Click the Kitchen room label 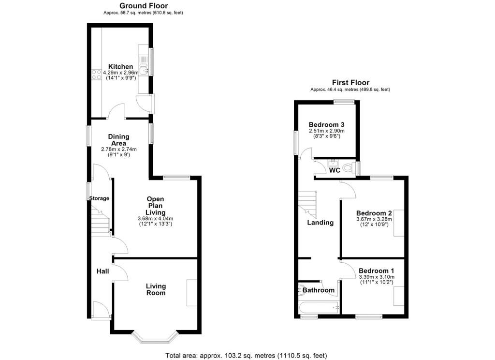click(120, 67)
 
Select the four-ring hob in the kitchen click(97, 75)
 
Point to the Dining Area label click(119, 140)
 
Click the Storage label click(99, 198)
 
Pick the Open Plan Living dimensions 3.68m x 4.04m click(155, 218)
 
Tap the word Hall click(103, 271)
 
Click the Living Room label click(156, 289)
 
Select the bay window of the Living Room click(155, 338)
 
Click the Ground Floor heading click(144, 6)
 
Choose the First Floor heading click(350, 82)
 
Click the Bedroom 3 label click(326, 124)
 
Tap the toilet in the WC click(349, 168)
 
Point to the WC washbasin click(333, 164)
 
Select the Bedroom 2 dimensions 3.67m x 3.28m click(374, 219)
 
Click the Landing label click(320, 223)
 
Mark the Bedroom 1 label click(376, 271)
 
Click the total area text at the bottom click(246, 356)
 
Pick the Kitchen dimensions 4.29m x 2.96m click(120, 73)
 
